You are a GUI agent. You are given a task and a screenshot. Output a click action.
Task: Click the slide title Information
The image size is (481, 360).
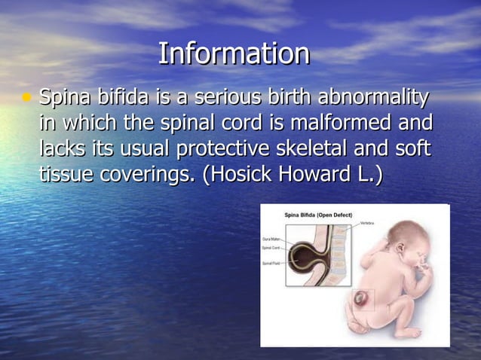click(234, 53)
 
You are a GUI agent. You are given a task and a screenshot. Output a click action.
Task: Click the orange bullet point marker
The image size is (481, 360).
click(28, 98)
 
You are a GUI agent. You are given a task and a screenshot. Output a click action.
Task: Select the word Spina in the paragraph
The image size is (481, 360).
click(63, 98)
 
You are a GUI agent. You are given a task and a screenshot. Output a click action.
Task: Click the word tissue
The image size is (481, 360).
click(63, 174)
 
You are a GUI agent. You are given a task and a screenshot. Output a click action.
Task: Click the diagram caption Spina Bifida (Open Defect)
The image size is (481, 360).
click(317, 215)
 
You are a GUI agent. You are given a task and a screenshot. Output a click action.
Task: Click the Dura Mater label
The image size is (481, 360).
click(271, 239)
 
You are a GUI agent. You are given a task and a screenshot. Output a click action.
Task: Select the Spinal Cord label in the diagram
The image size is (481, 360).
click(271, 248)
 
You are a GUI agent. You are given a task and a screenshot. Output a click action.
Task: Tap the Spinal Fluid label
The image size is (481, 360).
click(272, 262)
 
